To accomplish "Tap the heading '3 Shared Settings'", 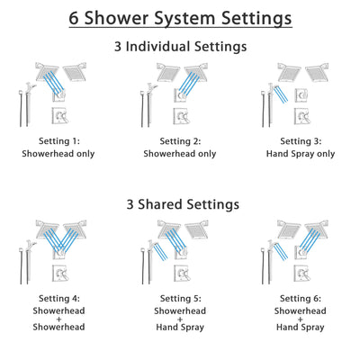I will click(x=180, y=204).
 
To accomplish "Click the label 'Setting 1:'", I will click(x=59, y=141).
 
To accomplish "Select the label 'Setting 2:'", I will click(x=180, y=141).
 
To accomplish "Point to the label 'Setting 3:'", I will click(x=300, y=141).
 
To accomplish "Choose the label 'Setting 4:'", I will click(x=59, y=298).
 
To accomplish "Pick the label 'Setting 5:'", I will click(x=180, y=298).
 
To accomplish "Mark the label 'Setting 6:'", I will click(x=300, y=298).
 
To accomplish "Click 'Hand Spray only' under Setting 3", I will click(x=300, y=154).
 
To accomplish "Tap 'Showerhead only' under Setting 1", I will click(x=59, y=154).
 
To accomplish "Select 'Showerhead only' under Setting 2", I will click(x=180, y=154).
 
